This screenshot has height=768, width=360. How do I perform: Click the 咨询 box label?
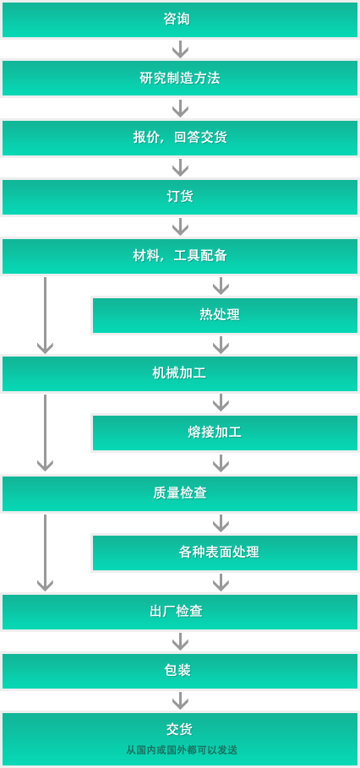click(x=177, y=19)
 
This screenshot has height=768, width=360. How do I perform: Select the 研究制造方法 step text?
click(x=180, y=79)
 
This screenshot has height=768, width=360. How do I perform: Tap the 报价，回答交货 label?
click(x=180, y=138)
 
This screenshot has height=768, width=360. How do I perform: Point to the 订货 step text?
click(x=180, y=197)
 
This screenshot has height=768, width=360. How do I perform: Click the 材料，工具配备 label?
click(x=180, y=256)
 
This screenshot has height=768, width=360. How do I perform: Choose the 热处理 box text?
click(x=220, y=314)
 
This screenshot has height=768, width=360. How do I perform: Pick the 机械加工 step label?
click(x=179, y=373)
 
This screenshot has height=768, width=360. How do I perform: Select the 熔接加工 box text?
click(x=215, y=433)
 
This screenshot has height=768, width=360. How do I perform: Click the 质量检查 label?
click(x=180, y=493)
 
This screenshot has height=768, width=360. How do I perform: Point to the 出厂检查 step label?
click(x=177, y=612)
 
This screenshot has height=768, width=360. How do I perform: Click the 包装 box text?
click(x=177, y=671)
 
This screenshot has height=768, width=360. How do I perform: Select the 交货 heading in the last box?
click(x=179, y=729)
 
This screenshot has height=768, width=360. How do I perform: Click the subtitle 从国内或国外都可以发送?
click(x=182, y=750)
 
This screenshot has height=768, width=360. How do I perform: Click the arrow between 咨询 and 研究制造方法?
click(x=180, y=49)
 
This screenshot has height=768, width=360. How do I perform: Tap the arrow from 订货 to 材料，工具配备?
click(x=180, y=226)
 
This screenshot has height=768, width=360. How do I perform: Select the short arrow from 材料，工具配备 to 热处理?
click(x=221, y=286)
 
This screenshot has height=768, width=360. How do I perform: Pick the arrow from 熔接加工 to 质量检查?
click(x=221, y=463)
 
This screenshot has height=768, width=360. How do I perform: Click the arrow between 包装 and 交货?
click(x=180, y=701)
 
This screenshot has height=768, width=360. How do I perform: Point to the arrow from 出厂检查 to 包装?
click(x=180, y=641)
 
